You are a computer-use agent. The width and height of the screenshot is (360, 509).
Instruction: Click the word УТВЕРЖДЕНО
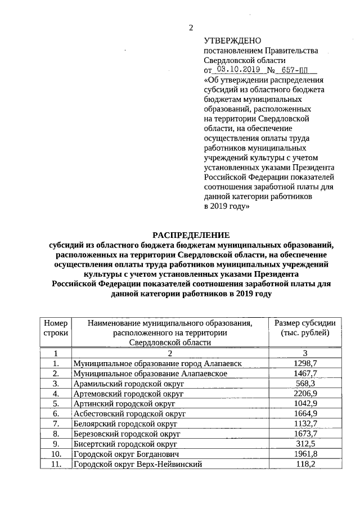(x=232, y=40)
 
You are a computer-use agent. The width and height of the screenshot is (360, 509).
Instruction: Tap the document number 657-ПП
(x=298, y=70)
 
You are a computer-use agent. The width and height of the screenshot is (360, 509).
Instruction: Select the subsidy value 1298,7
(x=305, y=364)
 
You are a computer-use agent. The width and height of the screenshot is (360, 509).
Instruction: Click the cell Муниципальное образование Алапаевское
(x=150, y=373)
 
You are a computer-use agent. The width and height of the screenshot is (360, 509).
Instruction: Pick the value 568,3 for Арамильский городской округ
(x=305, y=384)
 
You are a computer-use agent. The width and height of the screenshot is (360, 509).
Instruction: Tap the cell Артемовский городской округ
(x=129, y=394)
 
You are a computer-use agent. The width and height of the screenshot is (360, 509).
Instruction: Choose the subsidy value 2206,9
(x=305, y=394)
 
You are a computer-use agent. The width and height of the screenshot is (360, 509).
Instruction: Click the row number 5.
(x=56, y=404)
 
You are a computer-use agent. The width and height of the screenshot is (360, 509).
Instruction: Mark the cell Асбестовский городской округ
(x=129, y=414)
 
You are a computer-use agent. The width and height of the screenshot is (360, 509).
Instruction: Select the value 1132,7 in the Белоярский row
(x=305, y=424)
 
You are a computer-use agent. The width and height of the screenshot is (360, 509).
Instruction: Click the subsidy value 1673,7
(x=305, y=434)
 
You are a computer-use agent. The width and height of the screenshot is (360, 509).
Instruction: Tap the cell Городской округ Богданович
(x=127, y=454)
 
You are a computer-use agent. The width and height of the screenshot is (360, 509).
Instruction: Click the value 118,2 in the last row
(x=305, y=464)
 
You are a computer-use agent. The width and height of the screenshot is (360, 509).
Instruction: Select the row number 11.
(x=56, y=464)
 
